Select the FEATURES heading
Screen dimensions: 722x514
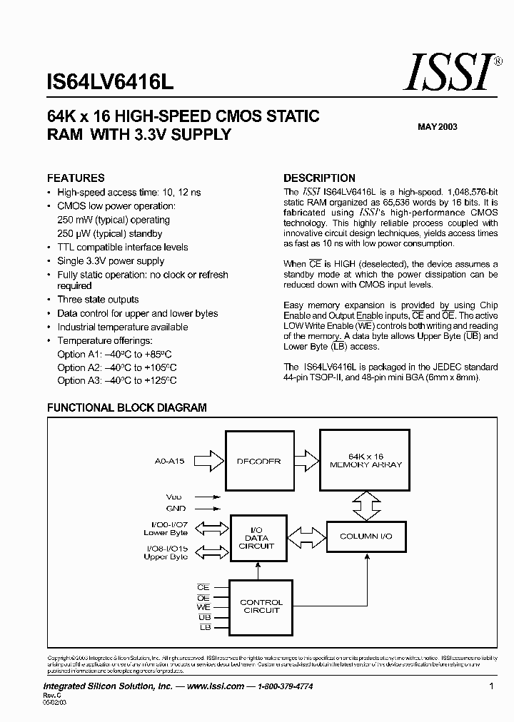pyautogui.click(x=76, y=178)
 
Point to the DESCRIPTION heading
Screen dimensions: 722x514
pyautogui.click(x=319, y=178)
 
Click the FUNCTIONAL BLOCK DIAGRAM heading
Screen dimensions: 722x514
pyautogui.click(x=126, y=408)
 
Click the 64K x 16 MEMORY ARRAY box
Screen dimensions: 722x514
pyautogui.click(x=366, y=460)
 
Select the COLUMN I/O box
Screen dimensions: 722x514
pyautogui.click(x=366, y=536)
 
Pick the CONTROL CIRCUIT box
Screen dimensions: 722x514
pyautogui.click(x=261, y=606)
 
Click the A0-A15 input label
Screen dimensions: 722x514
pyautogui.click(x=169, y=462)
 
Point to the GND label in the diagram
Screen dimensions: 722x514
pyautogui.click(x=176, y=509)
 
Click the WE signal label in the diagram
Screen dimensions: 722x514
pyautogui.click(x=203, y=606)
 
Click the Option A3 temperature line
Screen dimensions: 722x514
pyautogui.click(x=117, y=381)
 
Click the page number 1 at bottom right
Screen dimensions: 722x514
pyautogui.click(x=493, y=686)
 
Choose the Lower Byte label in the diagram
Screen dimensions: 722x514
pyautogui.click(x=166, y=533)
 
